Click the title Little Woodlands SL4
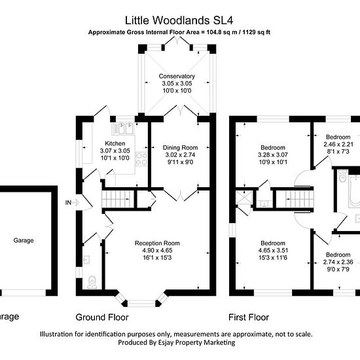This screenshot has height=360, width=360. [179, 20]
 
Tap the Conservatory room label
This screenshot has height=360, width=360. [177, 76]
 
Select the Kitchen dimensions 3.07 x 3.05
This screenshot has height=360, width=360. [115, 151]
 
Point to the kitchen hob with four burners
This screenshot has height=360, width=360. [141, 158]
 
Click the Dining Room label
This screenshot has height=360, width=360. [180, 147]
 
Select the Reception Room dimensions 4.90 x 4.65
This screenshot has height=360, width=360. [157, 250]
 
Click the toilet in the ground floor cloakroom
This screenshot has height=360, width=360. [92, 281]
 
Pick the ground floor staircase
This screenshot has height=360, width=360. [118, 199]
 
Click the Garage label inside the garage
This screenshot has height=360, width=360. [24, 240]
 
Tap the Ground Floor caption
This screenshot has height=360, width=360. [102, 317]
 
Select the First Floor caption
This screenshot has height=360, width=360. [249, 317]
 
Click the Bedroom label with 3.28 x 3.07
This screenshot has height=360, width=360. [273, 147]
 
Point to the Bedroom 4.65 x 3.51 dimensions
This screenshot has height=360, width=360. [273, 250]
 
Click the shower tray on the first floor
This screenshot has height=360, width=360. [244, 198]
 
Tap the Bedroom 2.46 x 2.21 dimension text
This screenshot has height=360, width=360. [338, 144]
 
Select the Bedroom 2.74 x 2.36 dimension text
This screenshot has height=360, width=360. [338, 262]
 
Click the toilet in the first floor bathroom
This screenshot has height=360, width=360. [342, 176]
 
